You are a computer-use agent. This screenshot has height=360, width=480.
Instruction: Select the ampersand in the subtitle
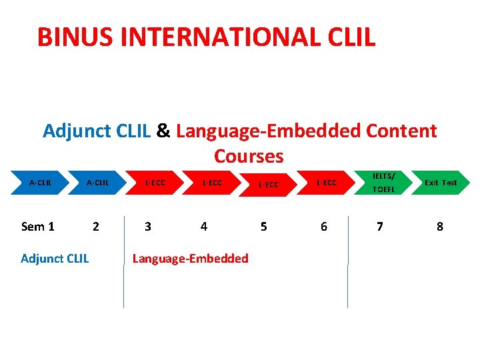[x=163, y=131]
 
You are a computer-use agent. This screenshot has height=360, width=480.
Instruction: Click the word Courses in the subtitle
[x=249, y=156]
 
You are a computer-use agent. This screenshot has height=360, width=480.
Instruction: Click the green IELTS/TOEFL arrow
[x=383, y=183]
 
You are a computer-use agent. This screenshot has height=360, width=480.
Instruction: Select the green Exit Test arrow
[x=440, y=183]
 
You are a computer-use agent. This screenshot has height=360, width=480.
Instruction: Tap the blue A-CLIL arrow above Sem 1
[x=40, y=183]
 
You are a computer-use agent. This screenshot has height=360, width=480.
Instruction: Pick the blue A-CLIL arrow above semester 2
[x=97, y=183]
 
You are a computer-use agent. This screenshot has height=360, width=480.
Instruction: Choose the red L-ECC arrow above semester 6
[x=326, y=183]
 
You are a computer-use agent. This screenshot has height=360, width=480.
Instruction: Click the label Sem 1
[x=38, y=227]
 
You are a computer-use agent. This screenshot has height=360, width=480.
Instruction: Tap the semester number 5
[x=264, y=227]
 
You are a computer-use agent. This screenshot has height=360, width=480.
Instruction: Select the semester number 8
[x=440, y=227]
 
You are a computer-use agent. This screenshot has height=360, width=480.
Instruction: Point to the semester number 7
[x=380, y=227]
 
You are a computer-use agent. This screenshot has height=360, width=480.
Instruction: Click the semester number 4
[x=204, y=227]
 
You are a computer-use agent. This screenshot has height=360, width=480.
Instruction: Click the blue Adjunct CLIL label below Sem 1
[x=55, y=259]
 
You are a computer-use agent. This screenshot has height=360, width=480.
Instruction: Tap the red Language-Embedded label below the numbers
[x=191, y=259]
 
